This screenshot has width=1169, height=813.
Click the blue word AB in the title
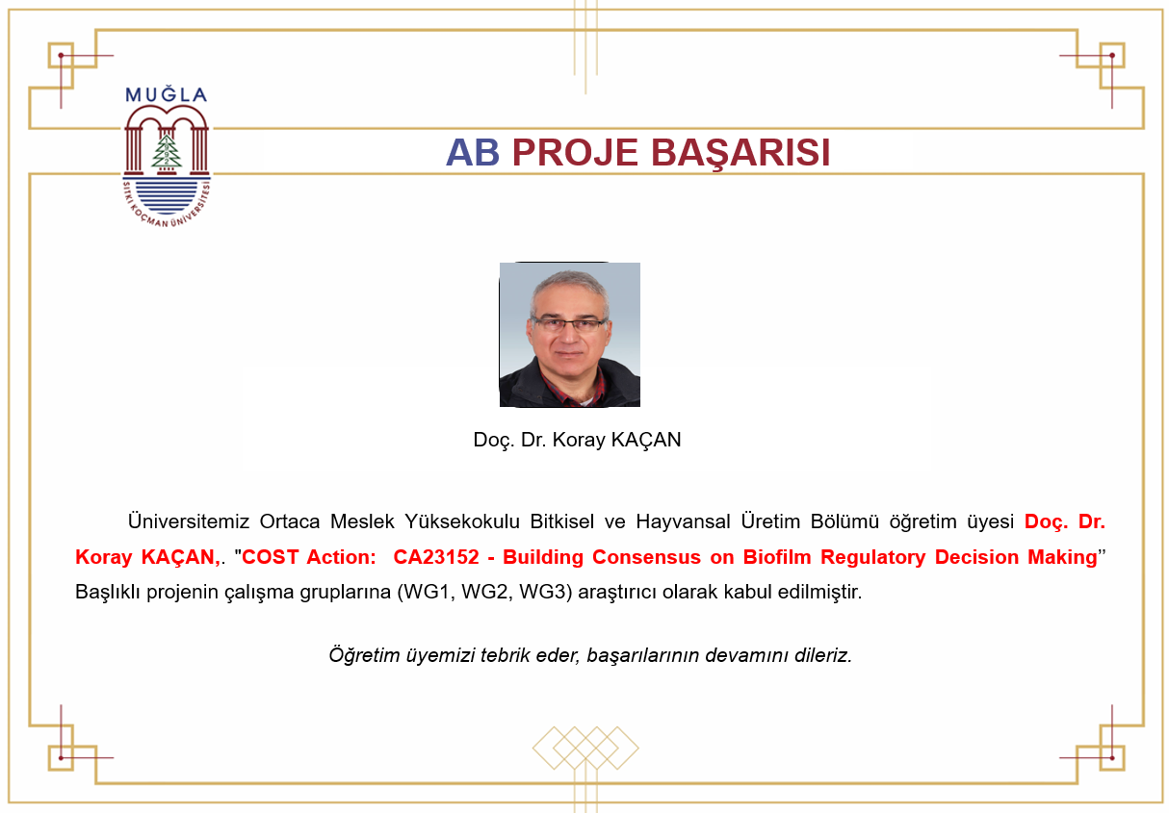coord(472,152)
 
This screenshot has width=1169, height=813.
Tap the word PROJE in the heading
coord(575,152)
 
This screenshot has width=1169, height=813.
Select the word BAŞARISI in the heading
coord(740,153)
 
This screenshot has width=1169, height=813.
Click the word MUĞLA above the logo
coord(166,94)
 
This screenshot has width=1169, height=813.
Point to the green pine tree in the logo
coord(167,150)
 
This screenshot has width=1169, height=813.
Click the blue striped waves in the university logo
coord(167,196)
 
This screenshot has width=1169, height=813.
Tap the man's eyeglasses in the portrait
coord(568,325)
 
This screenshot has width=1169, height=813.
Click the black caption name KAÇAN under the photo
coord(645,440)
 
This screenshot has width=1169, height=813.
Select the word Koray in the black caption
coord(579,441)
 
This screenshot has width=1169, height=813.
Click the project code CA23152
coord(436,557)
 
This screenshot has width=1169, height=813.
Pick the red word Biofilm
coord(776,557)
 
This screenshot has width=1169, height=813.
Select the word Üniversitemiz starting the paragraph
coord(189,521)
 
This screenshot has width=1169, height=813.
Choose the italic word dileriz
coord(823,655)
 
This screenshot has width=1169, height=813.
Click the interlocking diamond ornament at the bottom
coord(585,748)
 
